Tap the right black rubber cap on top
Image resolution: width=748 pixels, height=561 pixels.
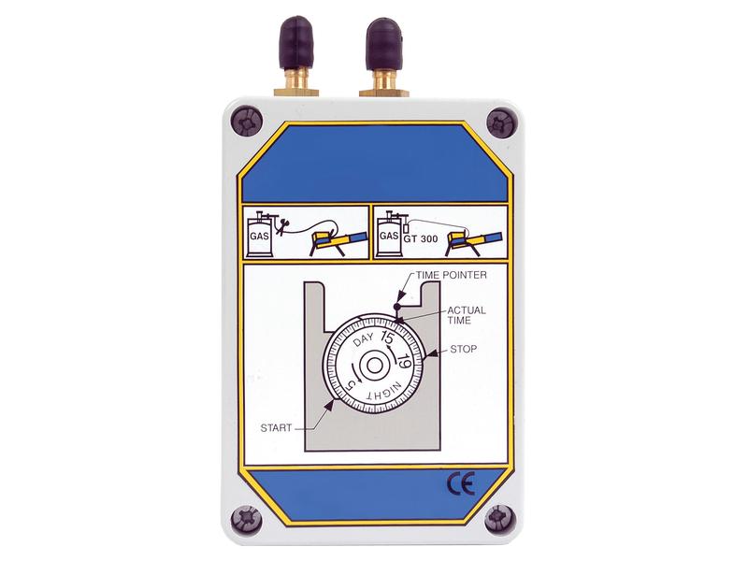click(x=383, y=43)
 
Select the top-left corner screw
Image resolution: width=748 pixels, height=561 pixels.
click(x=247, y=122)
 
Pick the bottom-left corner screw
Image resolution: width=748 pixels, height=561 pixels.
click(x=246, y=519)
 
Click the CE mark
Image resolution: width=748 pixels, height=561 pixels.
click(x=460, y=484)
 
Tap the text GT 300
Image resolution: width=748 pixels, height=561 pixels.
click(x=420, y=239)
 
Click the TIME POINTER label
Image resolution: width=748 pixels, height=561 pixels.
click(x=452, y=275)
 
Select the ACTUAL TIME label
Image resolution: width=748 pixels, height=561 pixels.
click(x=467, y=315)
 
